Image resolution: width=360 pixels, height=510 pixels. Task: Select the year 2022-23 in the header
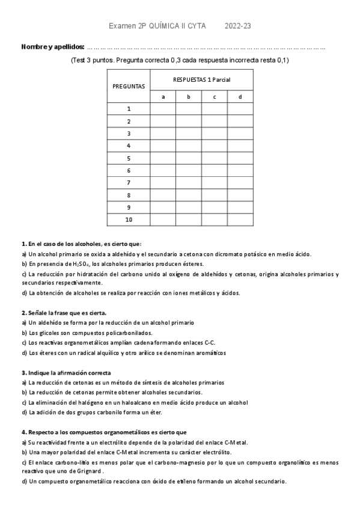coord(238,26)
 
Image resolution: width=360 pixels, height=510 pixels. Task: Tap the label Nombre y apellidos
coord(53,47)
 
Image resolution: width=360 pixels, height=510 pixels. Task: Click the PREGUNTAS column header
coord(129,86)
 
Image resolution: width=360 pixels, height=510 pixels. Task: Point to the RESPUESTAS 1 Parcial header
coord(201,79)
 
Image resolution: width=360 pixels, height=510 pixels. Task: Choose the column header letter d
coord(240,96)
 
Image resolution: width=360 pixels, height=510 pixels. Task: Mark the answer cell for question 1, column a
coord(163,108)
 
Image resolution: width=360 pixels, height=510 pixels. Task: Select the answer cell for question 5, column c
coord(214,158)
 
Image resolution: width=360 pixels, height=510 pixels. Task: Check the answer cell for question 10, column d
coord(240,220)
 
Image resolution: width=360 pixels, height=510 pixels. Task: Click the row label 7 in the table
coord(129,183)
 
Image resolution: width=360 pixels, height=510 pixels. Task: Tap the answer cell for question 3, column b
coord(189,134)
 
